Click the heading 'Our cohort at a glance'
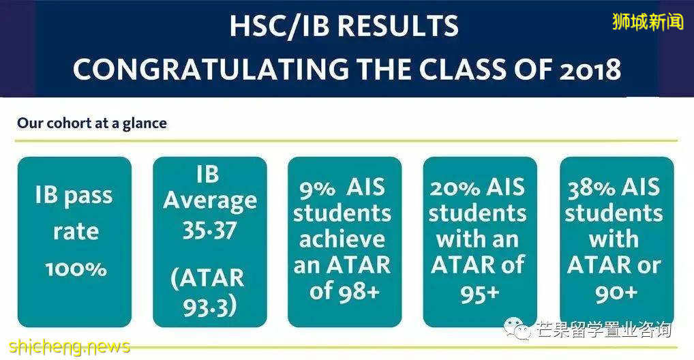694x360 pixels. click(x=92, y=123)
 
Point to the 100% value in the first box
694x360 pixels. click(x=76, y=269)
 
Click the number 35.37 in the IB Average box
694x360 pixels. click(x=210, y=230)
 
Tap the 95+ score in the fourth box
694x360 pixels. click(x=479, y=292)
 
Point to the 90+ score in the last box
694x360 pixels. click(x=616, y=292)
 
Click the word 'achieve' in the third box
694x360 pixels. click(x=342, y=239)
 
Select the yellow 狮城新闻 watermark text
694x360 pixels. click(x=648, y=21)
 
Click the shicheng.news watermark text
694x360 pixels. click(x=70, y=346)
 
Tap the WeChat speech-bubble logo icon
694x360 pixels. click(x=517, y=328)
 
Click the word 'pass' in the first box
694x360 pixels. click(x=88, y=196)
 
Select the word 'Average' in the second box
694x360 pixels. click(x=210, y=201)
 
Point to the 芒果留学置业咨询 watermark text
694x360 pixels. click(x=604, y=330)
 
